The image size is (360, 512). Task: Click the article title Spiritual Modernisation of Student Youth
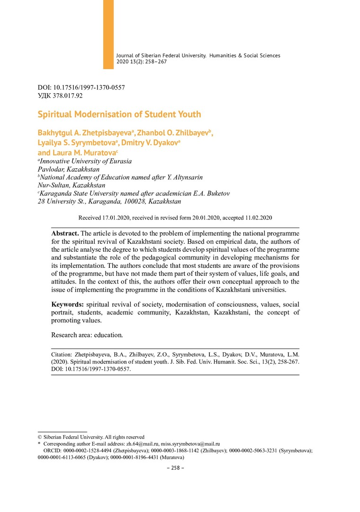[x=119, y=114]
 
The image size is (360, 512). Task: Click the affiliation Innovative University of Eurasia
[x=85, y=161]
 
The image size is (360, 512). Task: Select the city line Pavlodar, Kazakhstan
[x=68, y=169]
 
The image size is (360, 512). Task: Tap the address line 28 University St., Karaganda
[x=109, y=201]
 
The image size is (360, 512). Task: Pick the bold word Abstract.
[x=65, y=233]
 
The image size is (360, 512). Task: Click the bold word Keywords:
[x=68, y=304]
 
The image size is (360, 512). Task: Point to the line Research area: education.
[x=87, y=335]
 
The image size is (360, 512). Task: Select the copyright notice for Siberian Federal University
[x=91, y=437]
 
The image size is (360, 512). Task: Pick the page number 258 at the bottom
[x=175, y=467]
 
